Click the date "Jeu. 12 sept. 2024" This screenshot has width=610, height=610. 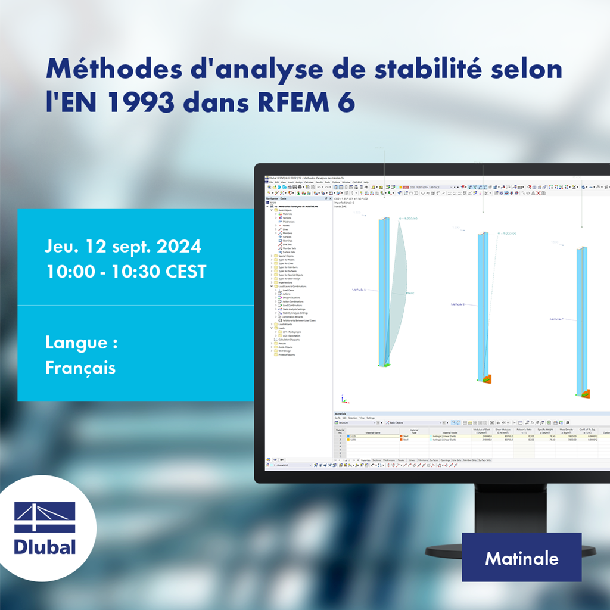coord(123,246)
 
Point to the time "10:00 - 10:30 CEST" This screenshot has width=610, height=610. coord(126,272)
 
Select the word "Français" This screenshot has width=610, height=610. coord(80,368)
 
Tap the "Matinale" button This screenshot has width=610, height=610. coord(521,558)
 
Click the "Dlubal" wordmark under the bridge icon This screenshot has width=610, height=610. coord(45,546)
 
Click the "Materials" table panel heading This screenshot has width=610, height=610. coord(341,413)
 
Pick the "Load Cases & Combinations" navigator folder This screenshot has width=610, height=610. coord(292,287)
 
